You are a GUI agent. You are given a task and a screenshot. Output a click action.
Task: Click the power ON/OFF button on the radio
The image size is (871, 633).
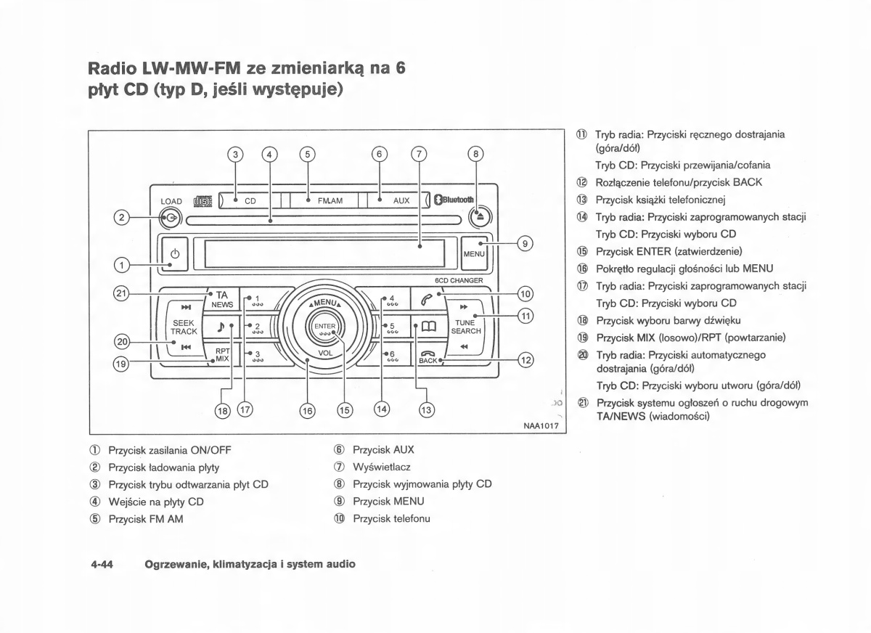coord(173,254)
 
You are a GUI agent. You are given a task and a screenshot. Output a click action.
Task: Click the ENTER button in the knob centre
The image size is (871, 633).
coord(325,329)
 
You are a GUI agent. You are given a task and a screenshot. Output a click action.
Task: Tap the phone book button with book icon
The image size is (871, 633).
coord(426,328)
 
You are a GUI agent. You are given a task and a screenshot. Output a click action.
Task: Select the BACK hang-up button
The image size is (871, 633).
coord(428,357)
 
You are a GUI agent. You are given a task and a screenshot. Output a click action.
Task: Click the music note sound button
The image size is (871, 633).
coord(221,328)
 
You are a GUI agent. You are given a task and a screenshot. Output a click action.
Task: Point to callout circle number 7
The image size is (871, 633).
coord(419,154)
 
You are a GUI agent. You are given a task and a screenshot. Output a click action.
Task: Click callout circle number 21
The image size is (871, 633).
coord(121,293)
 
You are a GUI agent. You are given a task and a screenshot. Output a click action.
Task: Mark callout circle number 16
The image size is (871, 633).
coord(308,410)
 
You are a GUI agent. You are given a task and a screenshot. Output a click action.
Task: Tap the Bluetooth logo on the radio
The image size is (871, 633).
coord(454,200)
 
